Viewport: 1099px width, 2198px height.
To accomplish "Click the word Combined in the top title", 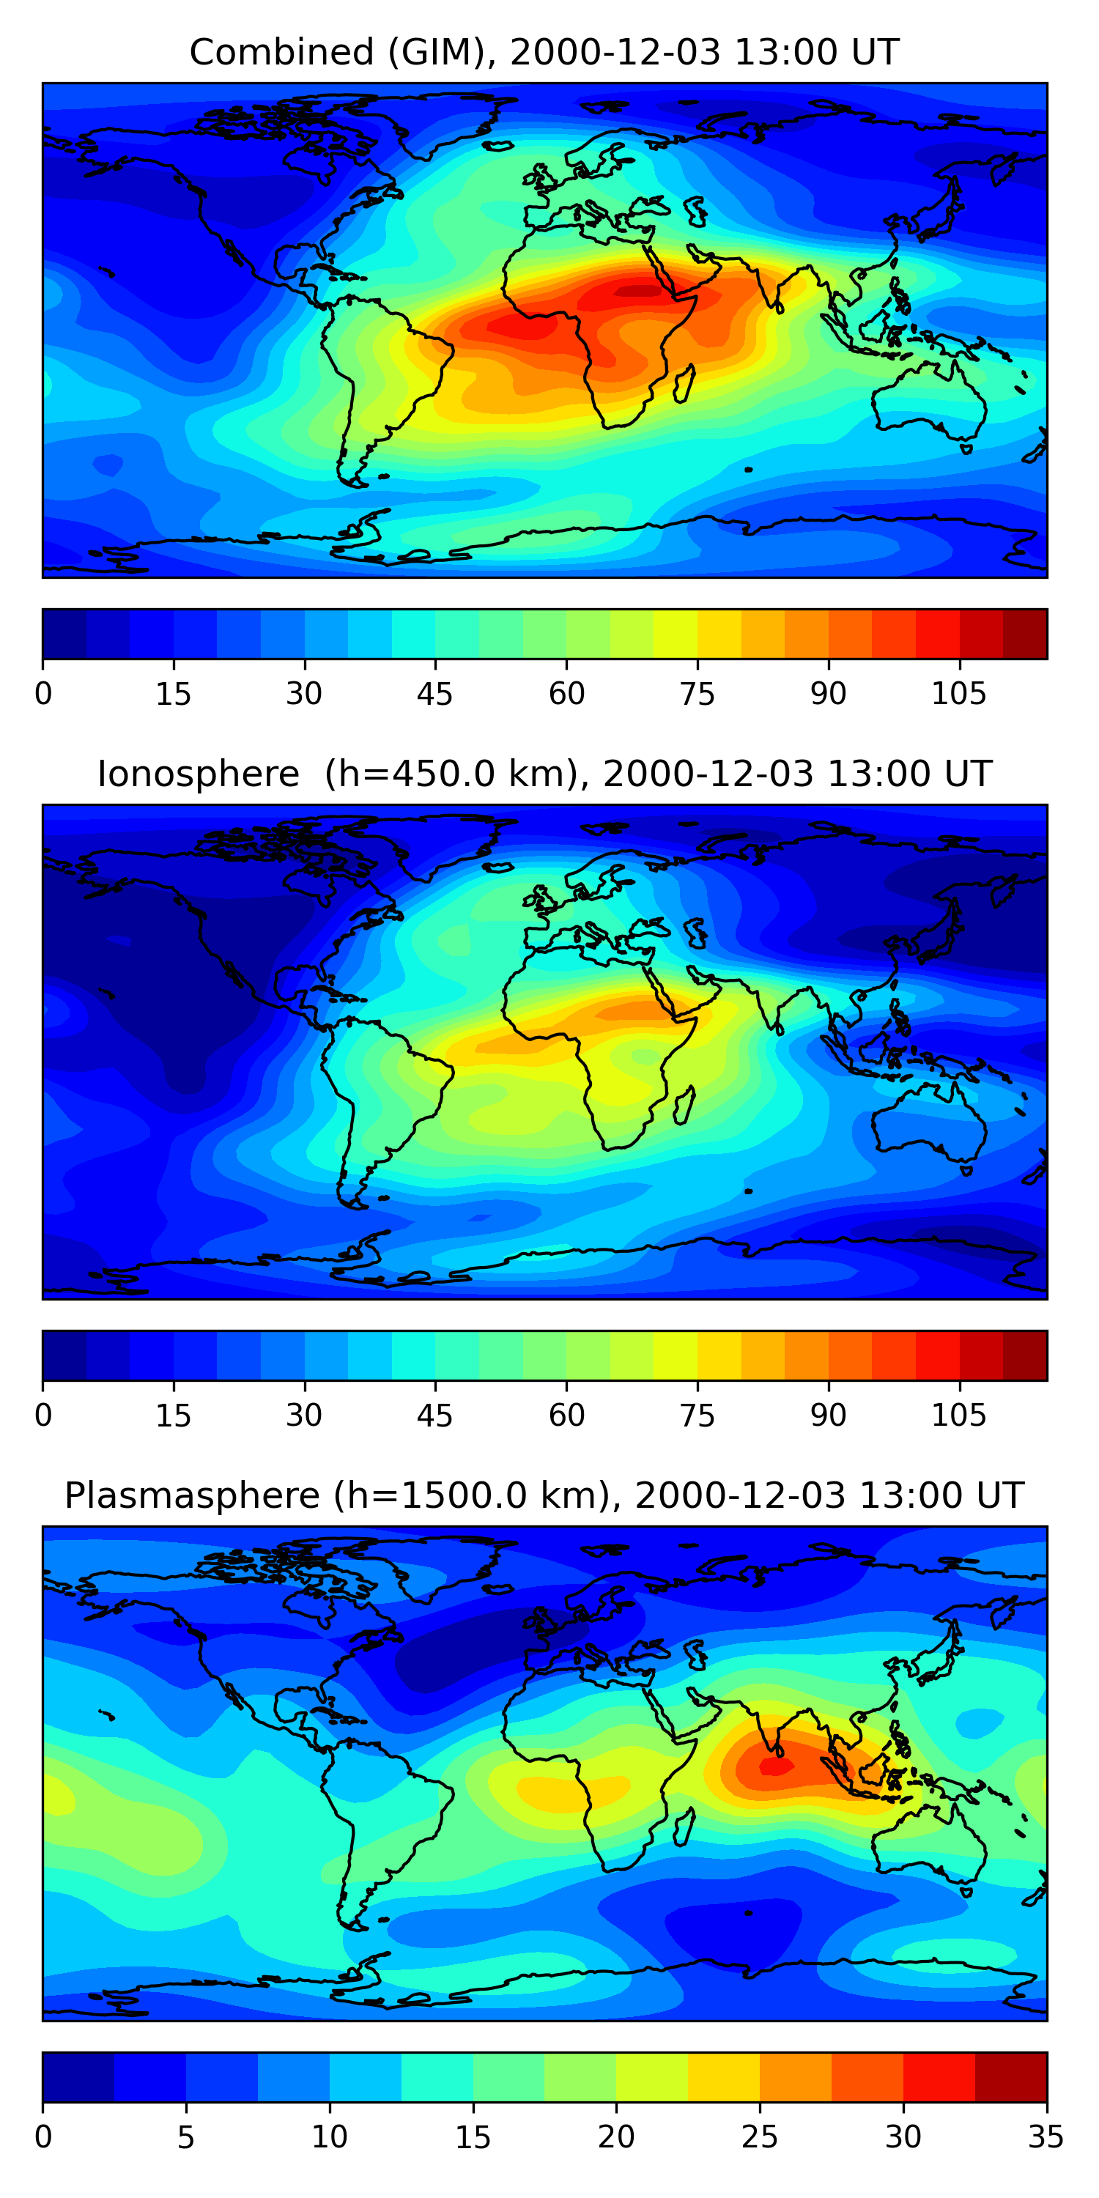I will click(x=281, y=52).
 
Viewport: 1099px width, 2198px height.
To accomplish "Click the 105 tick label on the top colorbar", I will click(x=958, y=694).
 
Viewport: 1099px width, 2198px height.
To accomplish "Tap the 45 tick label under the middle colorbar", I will click(x=434, y=1415).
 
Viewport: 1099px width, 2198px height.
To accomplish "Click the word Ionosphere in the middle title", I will click(x=198, y=774).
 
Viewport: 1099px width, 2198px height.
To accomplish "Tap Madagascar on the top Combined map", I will click(x=684, y=384).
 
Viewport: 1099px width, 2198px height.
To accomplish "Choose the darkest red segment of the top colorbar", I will click(x=1025, y=634).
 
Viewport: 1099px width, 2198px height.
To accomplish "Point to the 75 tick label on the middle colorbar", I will click(x=697, y=1415).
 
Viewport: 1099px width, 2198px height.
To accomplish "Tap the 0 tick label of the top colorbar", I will click(x=43, y=694).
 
